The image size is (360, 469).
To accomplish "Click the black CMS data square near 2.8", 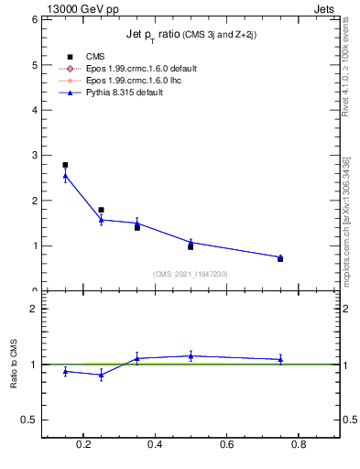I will pyautogui.click(x=65, y=165).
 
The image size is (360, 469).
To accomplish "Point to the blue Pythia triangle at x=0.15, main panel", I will pyautogui.click(x=65, y=176).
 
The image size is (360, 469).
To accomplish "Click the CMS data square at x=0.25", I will pyautogui.click(x=101, y=210).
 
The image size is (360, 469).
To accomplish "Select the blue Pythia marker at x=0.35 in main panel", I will pyautogui.click(x=136, y=223).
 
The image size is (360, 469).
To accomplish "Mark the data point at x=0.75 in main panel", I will pyautogui.click(x=280, y=258).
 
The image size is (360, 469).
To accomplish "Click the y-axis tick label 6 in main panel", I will pyautogui.click(x=33, y=19).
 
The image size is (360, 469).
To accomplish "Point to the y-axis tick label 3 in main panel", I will pyautogui.click(x=33, y=155).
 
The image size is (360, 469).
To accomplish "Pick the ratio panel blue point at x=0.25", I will pyautogui.click(x=101, y=375).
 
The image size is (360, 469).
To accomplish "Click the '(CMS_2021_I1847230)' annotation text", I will pyautogui.click(x=190, y=274).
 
